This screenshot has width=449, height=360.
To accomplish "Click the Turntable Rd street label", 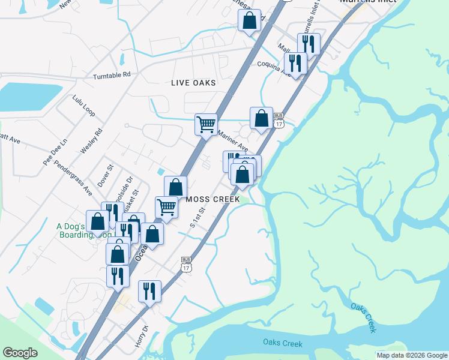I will click(x=112, y=76).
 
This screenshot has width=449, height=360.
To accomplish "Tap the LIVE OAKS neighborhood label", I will click(x=193, y=83).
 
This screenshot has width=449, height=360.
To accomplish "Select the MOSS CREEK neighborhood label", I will click(x=212, y=199).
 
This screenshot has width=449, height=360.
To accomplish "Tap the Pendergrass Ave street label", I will click(x=73, y=178).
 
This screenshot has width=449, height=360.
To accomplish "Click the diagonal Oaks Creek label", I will click(x=364, y=318).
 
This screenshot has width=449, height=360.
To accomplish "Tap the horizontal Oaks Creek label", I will click(x=282, y=343).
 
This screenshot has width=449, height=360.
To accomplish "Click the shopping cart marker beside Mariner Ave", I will click(x=206, y=124).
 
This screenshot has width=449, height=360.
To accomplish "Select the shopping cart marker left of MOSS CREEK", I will click(x=166, y=207).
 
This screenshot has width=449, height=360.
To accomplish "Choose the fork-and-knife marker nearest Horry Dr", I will click(x=149, y=291).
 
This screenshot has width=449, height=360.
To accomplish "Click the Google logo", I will click(x=20, y=353).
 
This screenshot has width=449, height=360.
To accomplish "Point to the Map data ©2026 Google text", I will click(x=412, y=355).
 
